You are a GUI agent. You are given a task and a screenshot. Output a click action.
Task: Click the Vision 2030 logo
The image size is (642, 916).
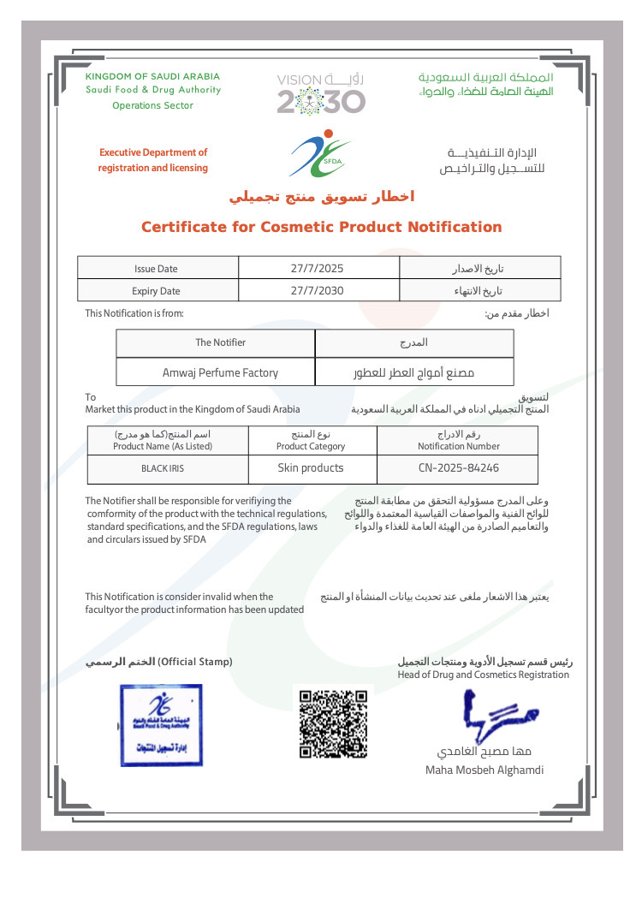[321, 93]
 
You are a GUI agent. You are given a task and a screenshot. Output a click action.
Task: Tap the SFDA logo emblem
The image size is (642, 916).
[320, 154]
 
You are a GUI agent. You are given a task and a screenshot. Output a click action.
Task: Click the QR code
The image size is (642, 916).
[333, 722]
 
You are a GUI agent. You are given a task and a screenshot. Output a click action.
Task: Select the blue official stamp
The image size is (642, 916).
[162, 724]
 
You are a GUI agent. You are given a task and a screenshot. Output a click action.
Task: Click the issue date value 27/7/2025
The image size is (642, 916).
[317, 268]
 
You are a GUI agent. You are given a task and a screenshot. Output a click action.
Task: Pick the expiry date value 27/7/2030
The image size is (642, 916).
[317, 290]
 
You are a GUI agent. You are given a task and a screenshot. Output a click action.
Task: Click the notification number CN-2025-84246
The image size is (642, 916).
[459, 468]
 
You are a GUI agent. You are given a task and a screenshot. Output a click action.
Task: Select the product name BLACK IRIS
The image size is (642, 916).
[163, 469]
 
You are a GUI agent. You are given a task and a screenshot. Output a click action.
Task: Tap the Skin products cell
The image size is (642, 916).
[311, 468]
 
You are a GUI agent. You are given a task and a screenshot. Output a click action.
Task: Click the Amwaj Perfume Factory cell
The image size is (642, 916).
[220, 372]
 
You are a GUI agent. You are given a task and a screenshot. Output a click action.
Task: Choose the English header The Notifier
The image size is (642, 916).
[220, 342]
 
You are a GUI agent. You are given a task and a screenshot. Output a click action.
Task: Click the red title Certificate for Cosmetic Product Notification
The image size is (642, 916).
[321, 227]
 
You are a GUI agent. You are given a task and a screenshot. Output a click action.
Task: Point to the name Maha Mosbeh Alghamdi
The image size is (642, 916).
[484, 770]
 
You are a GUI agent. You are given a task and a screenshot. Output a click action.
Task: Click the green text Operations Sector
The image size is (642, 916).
[152, 105]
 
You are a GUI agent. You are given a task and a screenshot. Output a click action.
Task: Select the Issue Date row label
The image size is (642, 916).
[156, 269]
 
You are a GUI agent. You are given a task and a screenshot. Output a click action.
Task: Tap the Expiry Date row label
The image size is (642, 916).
[156, 291]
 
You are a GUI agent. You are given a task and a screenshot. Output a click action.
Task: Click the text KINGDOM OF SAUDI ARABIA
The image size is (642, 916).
[152, 77]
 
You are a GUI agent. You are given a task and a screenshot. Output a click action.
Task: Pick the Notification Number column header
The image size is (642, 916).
[459, 446]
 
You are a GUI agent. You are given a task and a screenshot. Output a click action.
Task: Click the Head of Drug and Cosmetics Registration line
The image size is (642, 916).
[483, 675]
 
